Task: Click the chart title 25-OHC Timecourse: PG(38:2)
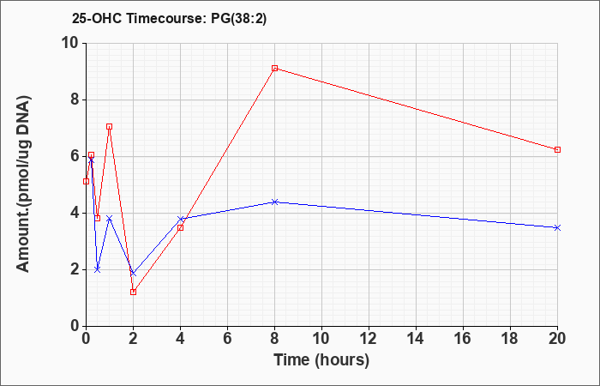(169, 18)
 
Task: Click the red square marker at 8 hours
(275, 68)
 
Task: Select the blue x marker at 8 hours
(275, 202)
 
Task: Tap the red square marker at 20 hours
(557, 149)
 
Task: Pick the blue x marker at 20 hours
(557, 227)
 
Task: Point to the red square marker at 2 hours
(133, 292)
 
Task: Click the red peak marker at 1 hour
(110, 126)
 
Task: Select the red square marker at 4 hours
(180, 227)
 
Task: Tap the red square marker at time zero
(86, 181)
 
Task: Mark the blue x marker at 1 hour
(110, 218)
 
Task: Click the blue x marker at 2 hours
(133, 273)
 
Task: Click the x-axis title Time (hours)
(321, 360)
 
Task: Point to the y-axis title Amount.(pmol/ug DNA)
(23, 184)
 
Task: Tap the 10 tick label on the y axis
(70, 43)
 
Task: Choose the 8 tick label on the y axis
(75, 100)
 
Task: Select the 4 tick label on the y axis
(75, 213)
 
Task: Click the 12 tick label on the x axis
(369, 338)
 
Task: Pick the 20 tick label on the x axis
(557, 338)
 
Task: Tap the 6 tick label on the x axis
(227, 338)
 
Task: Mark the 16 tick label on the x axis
(463, 338)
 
